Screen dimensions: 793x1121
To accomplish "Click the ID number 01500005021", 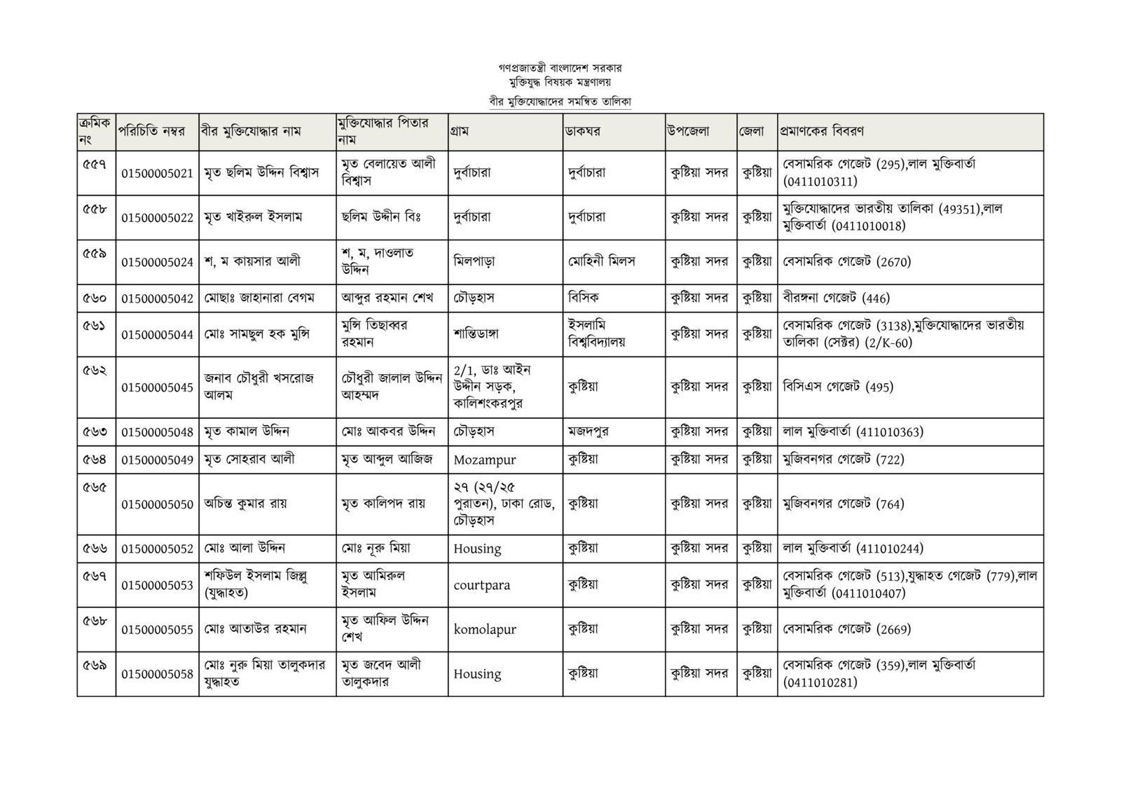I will coord(157,173).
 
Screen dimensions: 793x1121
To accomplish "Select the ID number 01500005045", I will coord(157,387).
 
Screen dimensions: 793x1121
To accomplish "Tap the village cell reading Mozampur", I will coord(485,460).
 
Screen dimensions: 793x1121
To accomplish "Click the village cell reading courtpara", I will coord(482,585).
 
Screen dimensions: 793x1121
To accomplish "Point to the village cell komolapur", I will coord(485,629).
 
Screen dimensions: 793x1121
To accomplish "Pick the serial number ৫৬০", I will coord(95,298).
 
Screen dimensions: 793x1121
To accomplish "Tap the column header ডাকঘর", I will coord(584,131).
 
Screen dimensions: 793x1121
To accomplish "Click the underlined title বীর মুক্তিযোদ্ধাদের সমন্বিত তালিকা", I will coord(560,102).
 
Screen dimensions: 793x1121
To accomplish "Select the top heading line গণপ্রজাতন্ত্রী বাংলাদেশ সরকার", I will coord(560,69).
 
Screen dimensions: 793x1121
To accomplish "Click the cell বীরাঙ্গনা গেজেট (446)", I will coord(837,298).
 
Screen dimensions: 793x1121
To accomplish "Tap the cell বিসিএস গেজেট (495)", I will coord(838,387).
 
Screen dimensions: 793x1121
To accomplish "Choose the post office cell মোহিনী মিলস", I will coord(602,261).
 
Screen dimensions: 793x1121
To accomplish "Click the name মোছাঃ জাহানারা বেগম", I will coord(259,298).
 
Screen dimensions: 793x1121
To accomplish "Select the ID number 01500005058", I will coord(157,674).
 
